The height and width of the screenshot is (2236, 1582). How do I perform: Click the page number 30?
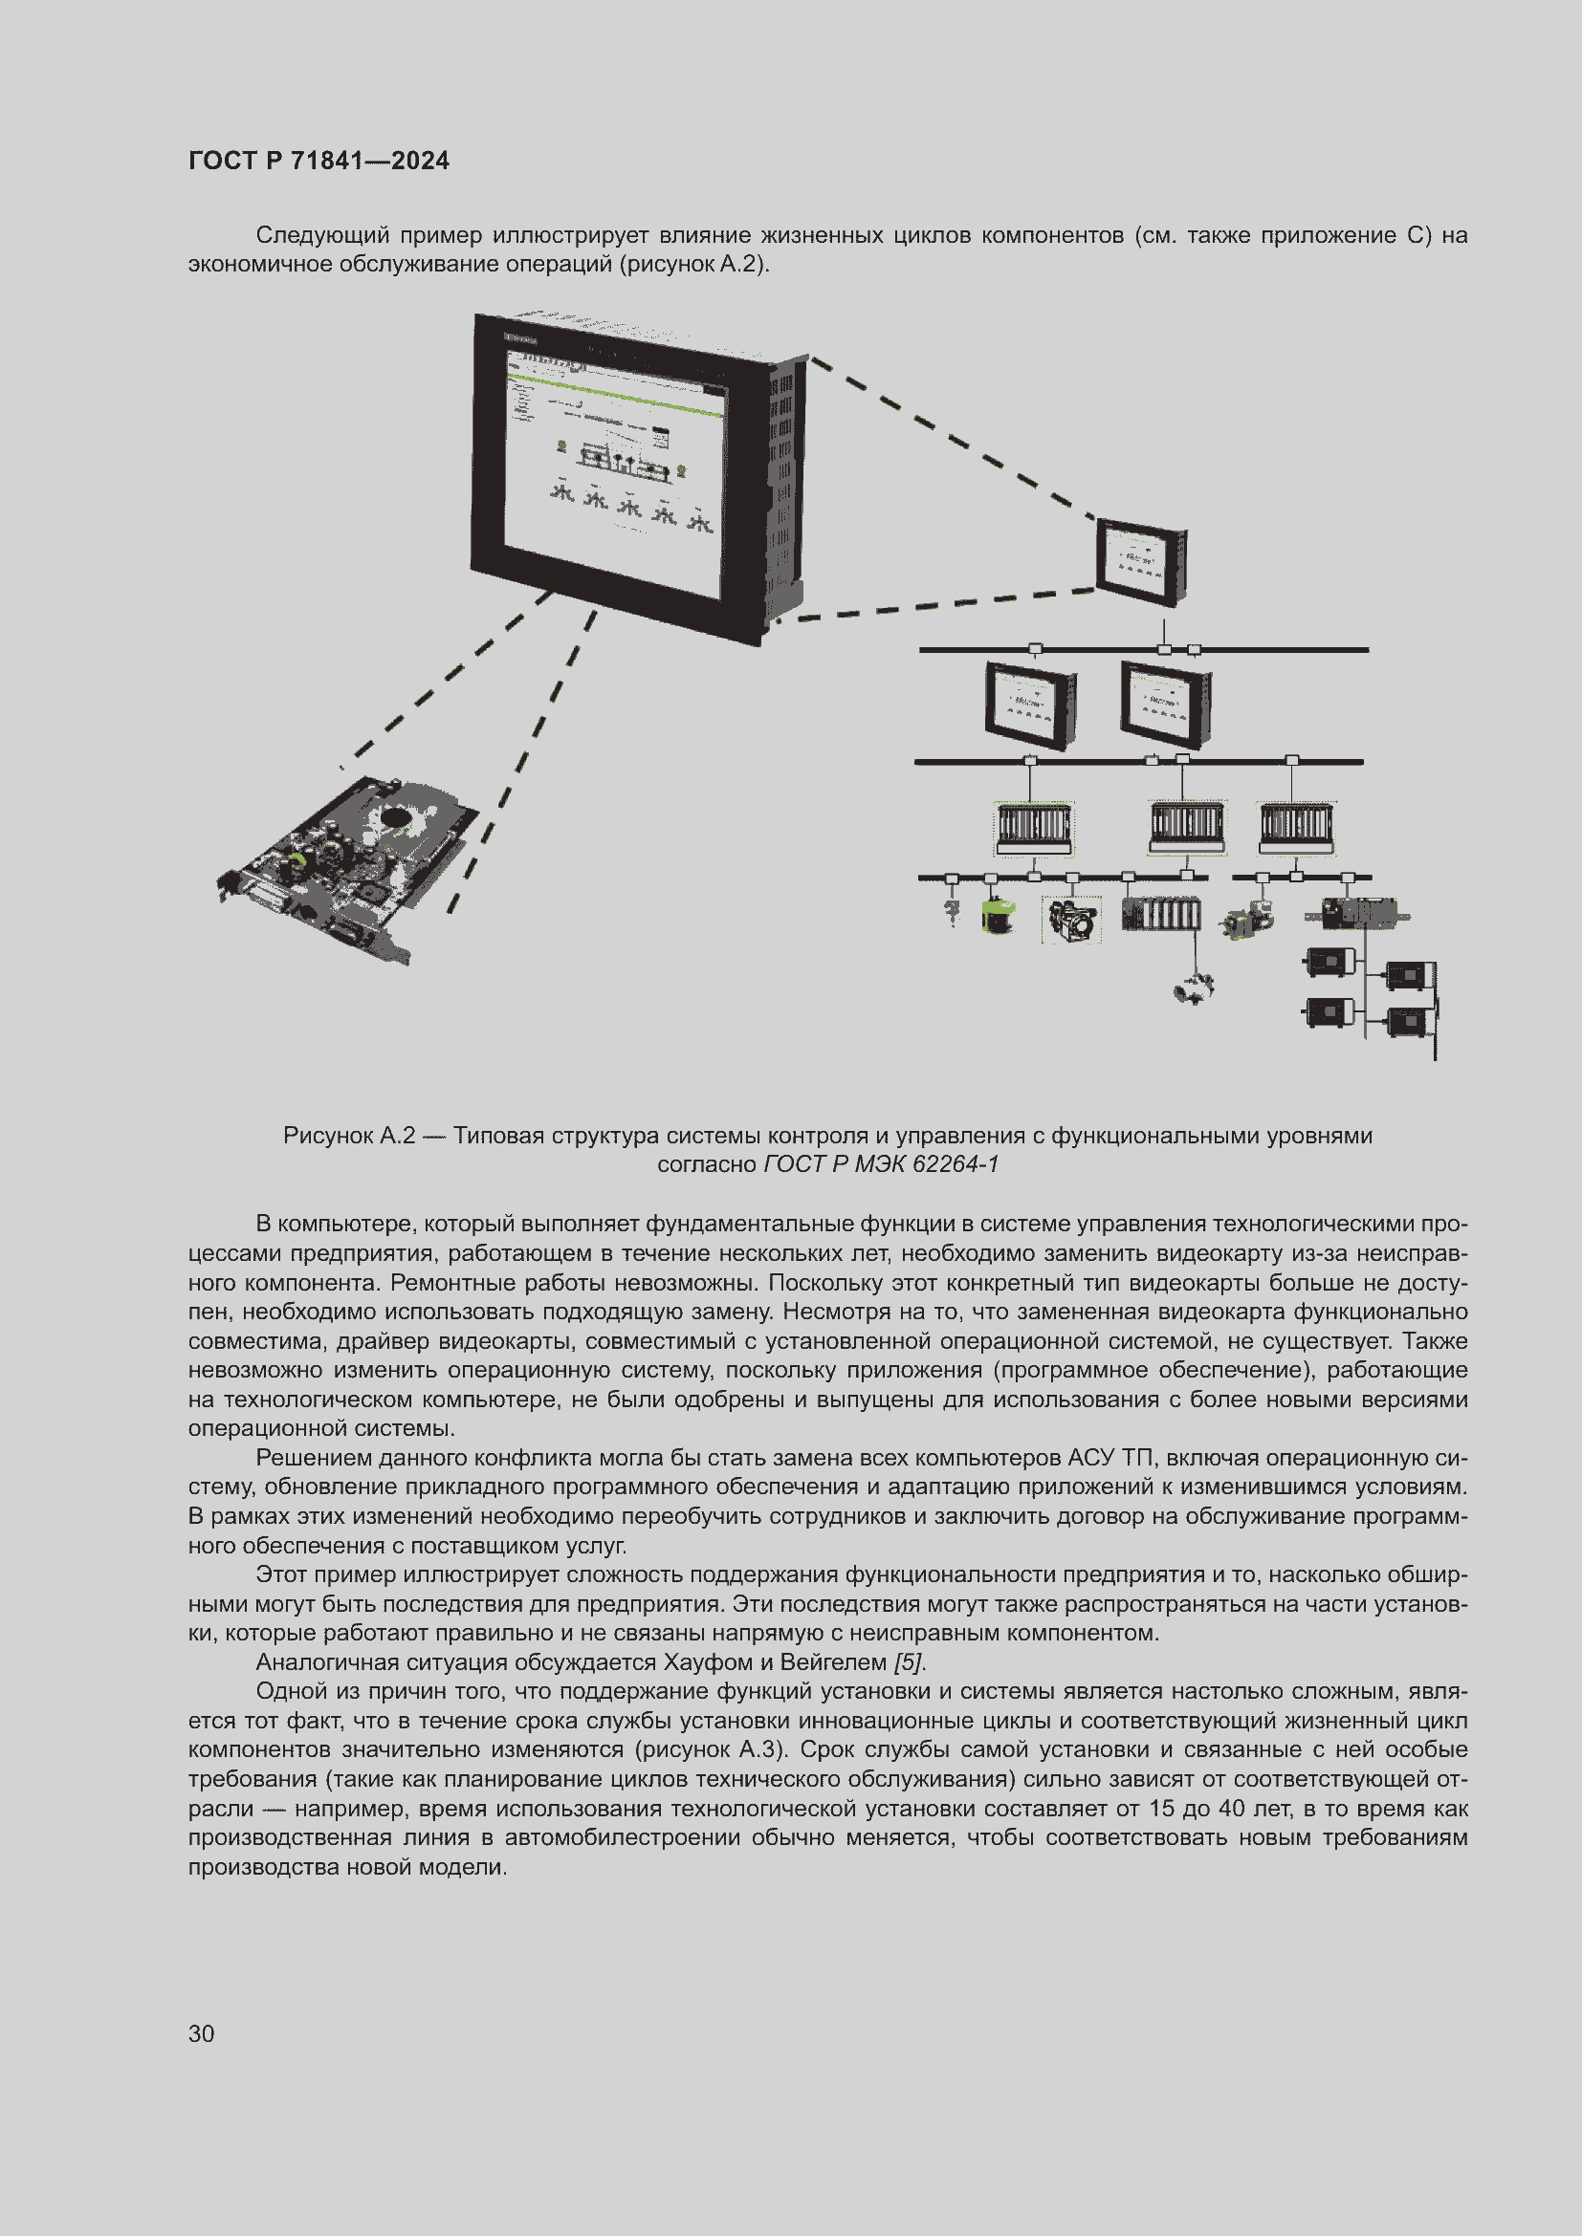202,2033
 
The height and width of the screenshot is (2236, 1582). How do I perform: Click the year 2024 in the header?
420,161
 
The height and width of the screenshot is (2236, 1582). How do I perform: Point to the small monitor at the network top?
1141,563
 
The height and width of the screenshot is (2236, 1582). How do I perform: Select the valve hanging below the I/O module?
1195,988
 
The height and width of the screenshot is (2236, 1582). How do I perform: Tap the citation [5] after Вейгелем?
908,1662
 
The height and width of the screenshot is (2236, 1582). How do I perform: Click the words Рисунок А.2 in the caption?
349,1136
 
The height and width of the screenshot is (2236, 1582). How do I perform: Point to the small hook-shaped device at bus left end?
952,913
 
